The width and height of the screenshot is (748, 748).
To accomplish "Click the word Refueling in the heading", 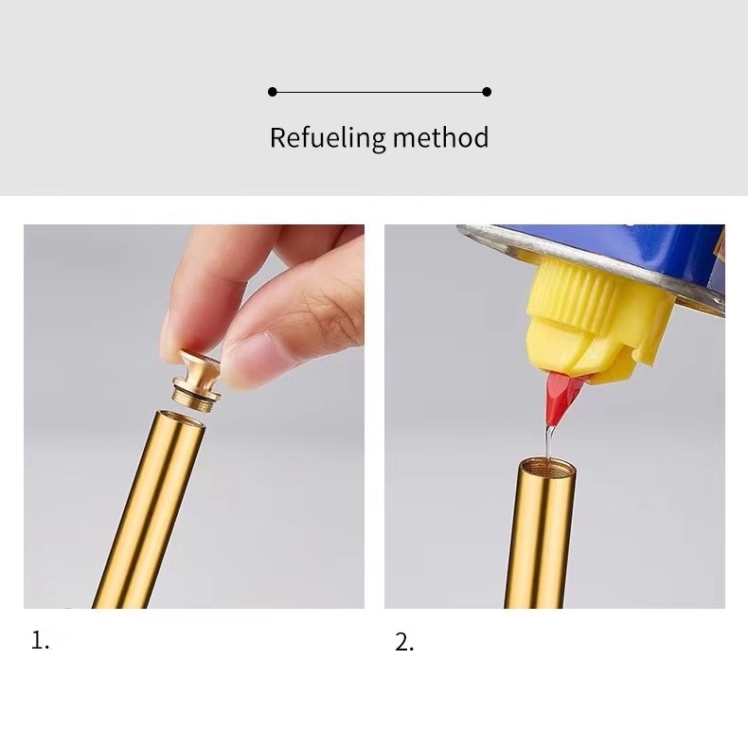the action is [328, 138].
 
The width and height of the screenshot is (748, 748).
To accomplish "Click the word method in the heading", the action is [441, 137].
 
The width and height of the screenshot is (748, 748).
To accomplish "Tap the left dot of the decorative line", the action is [273, 92].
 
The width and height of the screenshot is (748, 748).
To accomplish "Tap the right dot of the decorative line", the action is [487, 92].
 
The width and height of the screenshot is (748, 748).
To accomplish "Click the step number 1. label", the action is [40, 640].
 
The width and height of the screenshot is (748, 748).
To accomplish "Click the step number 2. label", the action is [404, 642].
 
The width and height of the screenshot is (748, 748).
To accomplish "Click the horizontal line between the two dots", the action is [380, 92].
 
